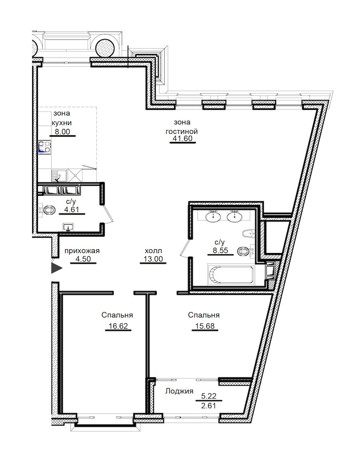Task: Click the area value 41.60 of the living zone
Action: [182, 138]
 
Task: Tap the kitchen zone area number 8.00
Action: [62, 132]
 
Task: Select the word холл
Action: [153, 251]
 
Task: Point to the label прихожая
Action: [82, 251]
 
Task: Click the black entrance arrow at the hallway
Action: [56, 268]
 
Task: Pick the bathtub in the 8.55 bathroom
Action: [230, 274]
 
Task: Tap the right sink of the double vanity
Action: [234, 216]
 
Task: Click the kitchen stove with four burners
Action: [45, 147]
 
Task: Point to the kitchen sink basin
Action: [59, 176]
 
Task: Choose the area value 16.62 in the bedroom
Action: [118, 326]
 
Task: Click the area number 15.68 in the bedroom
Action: [205, 326]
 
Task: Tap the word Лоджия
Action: [179, 391]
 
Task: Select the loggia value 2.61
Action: [208, 405]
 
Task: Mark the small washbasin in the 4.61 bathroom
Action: [68, 227]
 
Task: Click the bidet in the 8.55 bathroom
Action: [248, 233]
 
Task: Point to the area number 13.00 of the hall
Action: [153, 259]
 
